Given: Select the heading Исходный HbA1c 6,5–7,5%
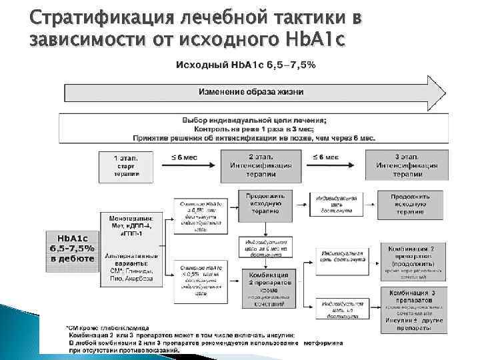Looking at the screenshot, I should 245,65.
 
